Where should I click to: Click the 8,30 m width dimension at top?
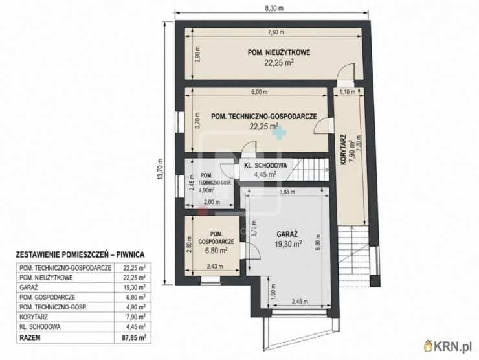(274, 8)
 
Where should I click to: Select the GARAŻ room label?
(287, 234)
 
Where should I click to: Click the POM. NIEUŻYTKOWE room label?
(279, 52)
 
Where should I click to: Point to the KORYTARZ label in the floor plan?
(343, 150)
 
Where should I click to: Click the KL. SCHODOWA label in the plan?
(266, 166)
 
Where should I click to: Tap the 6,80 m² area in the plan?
(216, 251)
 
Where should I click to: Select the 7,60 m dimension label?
(276, 32)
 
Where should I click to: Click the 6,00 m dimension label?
(260, 92)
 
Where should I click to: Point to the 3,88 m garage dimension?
(287, 192)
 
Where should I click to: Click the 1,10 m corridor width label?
(348, 91)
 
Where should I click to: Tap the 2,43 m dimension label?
(215, 267)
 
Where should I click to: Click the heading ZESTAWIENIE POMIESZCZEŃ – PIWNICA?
(80, 254)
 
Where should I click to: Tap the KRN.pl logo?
(448, 346)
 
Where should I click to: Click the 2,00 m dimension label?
(212, 202)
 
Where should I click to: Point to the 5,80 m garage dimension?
(318, 242)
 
